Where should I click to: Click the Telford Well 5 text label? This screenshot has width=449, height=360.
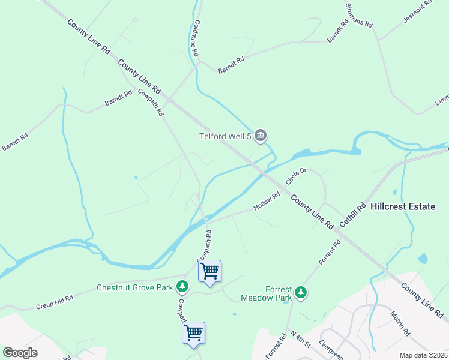tap(225, 136)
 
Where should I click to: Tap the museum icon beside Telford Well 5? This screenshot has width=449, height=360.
tap(261, 136)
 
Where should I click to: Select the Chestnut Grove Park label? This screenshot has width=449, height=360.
tap(134, 287)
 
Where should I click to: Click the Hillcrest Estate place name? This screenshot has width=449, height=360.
tap(403, 206)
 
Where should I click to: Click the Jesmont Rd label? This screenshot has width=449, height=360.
tap(418, 11)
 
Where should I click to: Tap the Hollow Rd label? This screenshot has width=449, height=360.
tap(267, 201)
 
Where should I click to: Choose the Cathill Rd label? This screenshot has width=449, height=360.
tap(352, 215)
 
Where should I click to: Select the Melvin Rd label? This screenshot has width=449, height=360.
tap(399, 323)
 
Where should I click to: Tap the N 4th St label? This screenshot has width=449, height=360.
tap(300, 339)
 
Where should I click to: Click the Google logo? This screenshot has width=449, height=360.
tap(20, 353)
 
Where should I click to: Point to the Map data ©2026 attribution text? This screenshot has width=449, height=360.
tap(423, 355)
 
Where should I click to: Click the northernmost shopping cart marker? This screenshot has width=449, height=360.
tap(209, 272)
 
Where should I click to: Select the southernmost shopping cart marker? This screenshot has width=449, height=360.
tap(193, 333)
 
